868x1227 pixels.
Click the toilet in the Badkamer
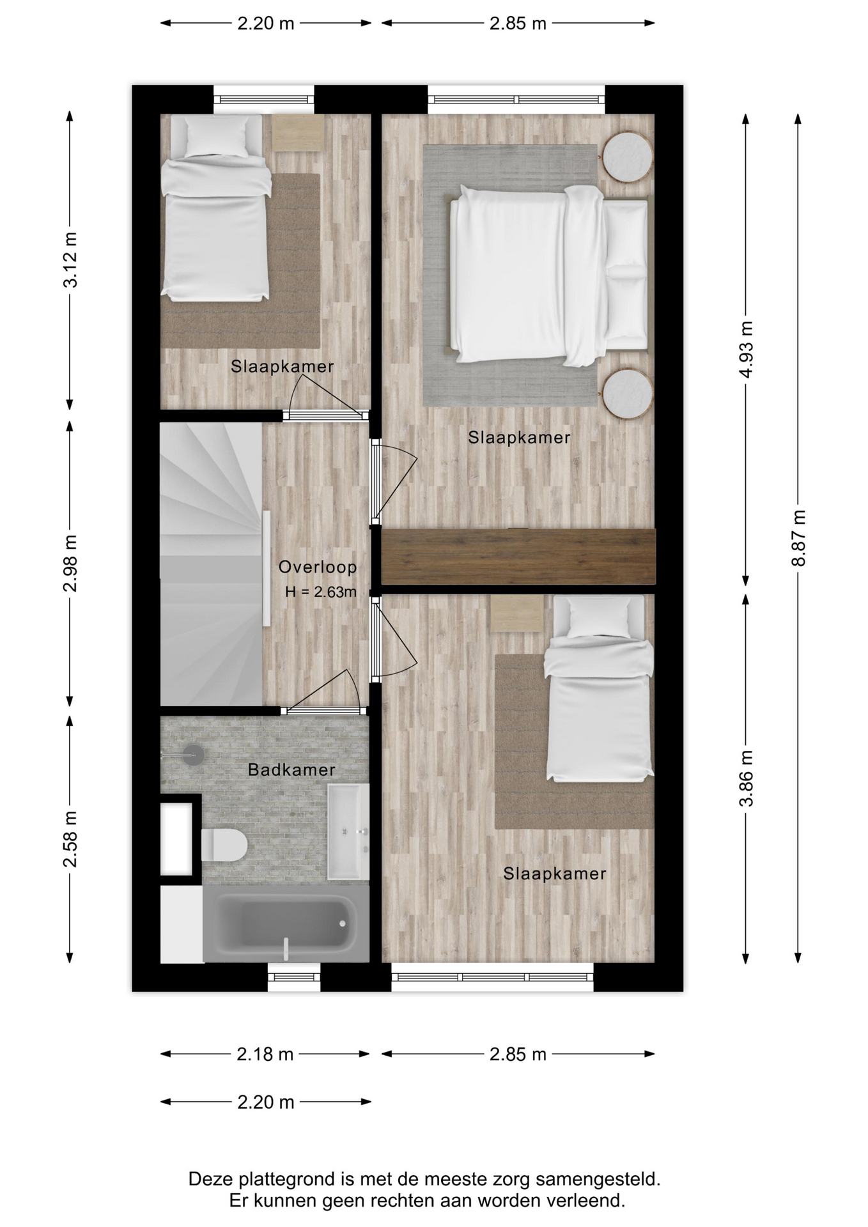tap(224, 845)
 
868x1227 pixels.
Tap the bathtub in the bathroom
tap(286, 923)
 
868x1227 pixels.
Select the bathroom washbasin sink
tap(348, 831)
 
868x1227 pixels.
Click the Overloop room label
tap(318, 567)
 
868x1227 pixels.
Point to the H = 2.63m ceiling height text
tap(321, 592)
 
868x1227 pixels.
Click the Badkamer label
tap(291, 769)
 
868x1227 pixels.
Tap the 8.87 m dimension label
tap(798, 538)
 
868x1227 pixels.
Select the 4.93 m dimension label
tap(746, 350)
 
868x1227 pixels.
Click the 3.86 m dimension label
tap(746, 778)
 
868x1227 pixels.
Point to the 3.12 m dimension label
tap(70, 259)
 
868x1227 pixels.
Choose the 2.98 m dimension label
tap(70, 563)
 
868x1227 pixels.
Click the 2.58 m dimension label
tap(70, 838)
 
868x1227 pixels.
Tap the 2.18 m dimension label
tap(265, 1054)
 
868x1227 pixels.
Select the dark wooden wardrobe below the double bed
tap(518, 556)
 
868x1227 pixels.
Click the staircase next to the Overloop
tap(211, 564)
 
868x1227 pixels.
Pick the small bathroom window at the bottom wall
tap(293, 977)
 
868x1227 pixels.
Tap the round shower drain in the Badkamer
tap(194, 755)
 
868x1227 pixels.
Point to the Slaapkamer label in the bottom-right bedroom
tap(554, 874)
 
